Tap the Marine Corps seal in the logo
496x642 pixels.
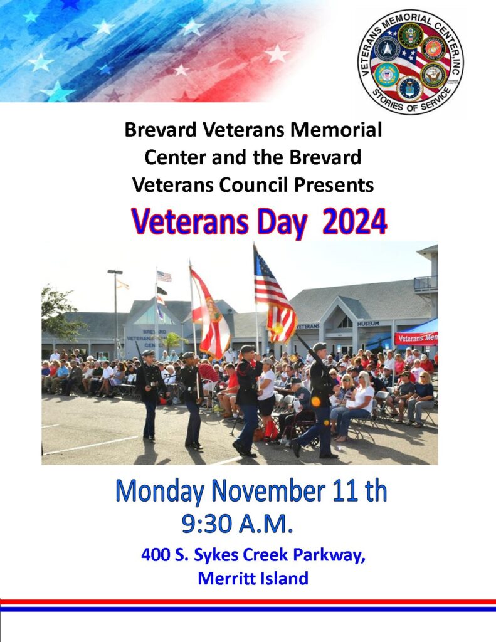pyautogui.click(x=434, y=48)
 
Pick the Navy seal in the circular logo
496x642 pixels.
pyautogui.click(x=434, y=75)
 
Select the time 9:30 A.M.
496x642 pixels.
pyautogui.click(x=237, y=523)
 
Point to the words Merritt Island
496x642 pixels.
pyautogui.click(x=253, y=578)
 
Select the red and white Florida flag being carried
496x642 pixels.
pyautogui.click(x=210, y=313)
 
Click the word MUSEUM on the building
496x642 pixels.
pyautogui.click(x=368, y=324)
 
